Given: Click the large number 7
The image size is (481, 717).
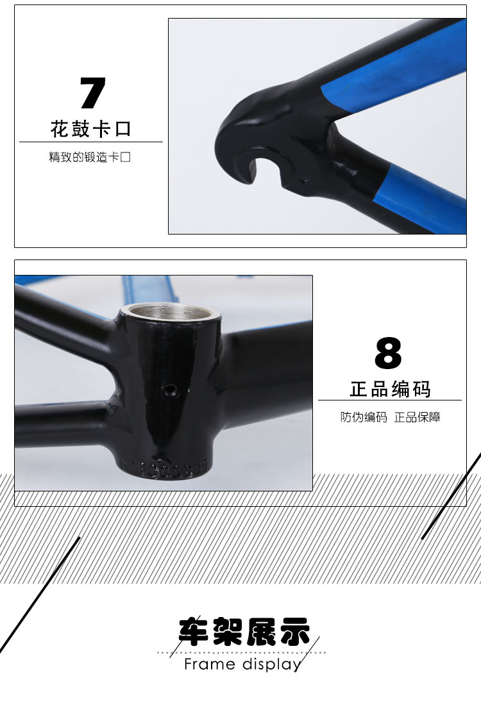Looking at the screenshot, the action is point(92,94).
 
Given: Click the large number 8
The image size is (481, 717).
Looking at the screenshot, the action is point(388,352).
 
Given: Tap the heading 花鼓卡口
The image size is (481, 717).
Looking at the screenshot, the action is point(91,129).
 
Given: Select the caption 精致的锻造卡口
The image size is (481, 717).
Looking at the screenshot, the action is point(90,157).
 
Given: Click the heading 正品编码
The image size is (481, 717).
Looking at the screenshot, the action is point(391,389).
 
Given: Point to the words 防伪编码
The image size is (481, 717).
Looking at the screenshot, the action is point(364,417).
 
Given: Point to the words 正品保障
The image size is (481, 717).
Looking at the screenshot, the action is point(418,417).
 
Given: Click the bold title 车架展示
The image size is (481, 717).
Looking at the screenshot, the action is point(244,632).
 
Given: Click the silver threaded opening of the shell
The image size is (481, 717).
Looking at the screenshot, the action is point(170,313).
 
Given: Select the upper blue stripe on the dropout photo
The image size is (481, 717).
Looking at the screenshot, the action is point(394,68).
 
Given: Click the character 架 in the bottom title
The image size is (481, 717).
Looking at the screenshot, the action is point(228,632).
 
